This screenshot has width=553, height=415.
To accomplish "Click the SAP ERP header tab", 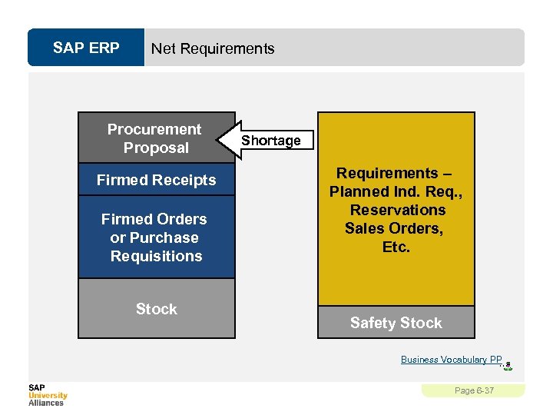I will [x=86, y=48].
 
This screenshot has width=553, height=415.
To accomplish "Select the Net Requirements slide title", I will [x=213, y=48].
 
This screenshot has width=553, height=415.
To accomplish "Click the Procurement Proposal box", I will [x=155, y=138].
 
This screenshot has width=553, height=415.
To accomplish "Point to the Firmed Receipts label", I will [x=156, y=181].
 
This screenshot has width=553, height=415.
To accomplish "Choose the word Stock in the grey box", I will [x=156, y=309].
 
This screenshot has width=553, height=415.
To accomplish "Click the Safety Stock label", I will [x=396, y=323].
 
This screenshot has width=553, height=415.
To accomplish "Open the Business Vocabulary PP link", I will [x=451, y=360].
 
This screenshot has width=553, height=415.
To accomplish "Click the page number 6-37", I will [x=474, y=391].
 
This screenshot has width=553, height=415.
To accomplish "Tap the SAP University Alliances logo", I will [x=48, y=394].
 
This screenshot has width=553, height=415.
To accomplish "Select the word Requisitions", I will [x=156, y=257].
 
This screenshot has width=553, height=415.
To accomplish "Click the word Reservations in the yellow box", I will [x=397, y=210].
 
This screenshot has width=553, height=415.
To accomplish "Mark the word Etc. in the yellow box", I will [x=396, y=247].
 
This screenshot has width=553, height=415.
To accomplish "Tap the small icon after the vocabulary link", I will [x=508, y=366].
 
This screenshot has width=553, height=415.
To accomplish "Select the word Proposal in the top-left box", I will [x=156, y=148].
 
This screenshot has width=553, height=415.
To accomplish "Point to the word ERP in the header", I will [x=104, y=48].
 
